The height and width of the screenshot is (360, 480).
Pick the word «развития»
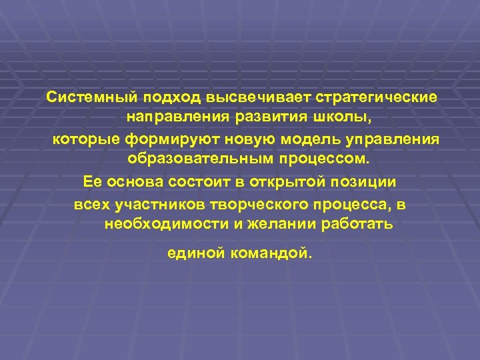[x=266, y=118]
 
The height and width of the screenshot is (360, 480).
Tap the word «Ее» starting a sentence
[x=91, y=181]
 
